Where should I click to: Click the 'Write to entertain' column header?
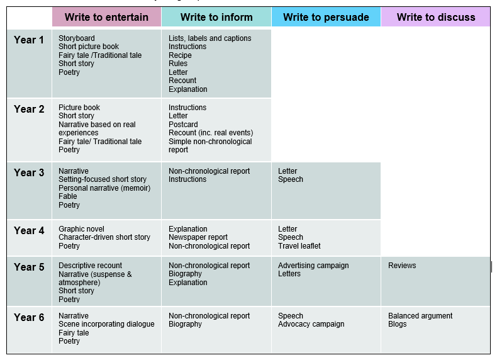(106, 17)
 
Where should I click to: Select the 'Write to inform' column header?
(216, 17)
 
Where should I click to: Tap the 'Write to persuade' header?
(326, 17)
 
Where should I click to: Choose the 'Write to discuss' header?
(436, 17)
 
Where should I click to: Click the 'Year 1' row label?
(29, 40)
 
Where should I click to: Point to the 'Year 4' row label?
(29, 230)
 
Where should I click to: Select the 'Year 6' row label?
(29, 317)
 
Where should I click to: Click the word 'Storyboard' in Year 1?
(77, 38)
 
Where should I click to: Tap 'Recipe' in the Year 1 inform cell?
(180, 55)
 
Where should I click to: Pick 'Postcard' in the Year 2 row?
(183, 125)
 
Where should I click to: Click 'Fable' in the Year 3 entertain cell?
(68, 196)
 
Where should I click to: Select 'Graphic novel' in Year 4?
(81, 229)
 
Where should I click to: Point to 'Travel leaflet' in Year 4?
(299, 246)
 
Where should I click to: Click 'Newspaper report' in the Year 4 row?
(198, 237)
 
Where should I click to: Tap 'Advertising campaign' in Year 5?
(313, 266)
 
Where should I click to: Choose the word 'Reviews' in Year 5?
(402, 266)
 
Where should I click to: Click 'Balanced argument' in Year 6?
(420, 316)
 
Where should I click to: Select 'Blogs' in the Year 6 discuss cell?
(397, 324)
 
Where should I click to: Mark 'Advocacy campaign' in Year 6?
(311, 324)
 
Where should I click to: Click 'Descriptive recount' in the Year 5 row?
(91, 266)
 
